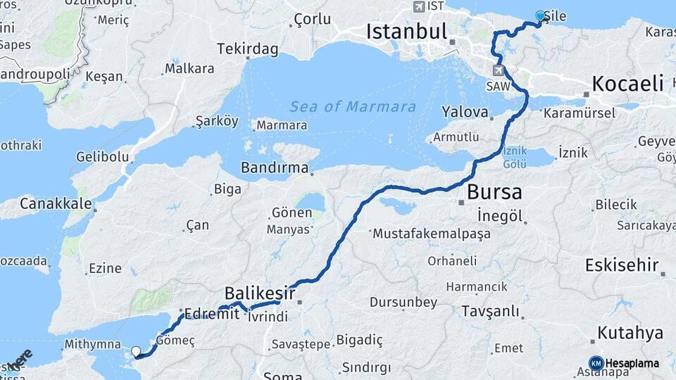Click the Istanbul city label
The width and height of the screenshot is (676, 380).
tap(406, 32)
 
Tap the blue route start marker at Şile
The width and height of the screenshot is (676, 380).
tap(540, 15)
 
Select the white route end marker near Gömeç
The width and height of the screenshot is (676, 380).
tap(135, 350)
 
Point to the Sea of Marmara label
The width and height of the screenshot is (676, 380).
tap(353, 107)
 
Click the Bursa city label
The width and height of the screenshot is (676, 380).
tap(494, 192)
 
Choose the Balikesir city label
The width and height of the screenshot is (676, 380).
tap(260, 292)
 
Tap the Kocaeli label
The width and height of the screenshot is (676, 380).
tap(628, 84)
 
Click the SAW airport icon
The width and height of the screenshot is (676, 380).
tap(499, 70)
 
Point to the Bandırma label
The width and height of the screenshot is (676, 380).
tap(275, 168)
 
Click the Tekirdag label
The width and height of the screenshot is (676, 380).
tap(247, 49)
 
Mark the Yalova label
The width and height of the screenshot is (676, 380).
tap(465, 112)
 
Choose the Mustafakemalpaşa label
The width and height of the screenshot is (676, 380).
tap(432, 234)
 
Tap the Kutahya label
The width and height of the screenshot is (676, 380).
tap(630, 332)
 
